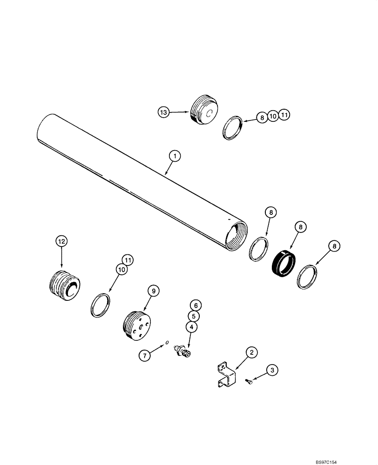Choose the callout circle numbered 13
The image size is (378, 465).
pyautogui.click(x=162, y=112)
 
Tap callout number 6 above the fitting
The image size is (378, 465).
pyautogui.click(x=196, y=305)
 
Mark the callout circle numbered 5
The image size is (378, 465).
pyautogui.click(x=196, y=316)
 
